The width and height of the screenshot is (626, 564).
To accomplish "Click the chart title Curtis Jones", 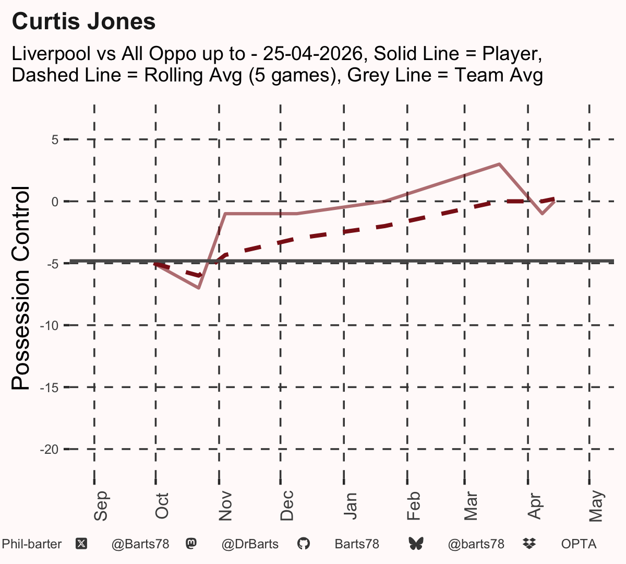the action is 83,21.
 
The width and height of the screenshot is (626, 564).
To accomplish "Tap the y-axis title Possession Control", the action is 20,288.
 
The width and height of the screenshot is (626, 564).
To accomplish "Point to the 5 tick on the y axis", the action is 55,139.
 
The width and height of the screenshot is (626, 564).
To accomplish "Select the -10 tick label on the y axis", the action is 50,326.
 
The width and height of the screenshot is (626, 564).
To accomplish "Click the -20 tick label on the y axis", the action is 50,450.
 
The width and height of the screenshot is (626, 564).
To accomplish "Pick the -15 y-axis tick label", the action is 50,388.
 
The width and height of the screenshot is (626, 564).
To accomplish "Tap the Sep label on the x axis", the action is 101,506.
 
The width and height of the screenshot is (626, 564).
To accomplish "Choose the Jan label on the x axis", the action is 350,506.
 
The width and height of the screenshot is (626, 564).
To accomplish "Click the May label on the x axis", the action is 596,506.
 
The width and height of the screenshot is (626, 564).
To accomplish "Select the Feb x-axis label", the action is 414,506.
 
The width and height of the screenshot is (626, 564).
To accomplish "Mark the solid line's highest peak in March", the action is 499,164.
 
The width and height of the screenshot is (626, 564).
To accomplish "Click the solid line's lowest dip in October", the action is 199,287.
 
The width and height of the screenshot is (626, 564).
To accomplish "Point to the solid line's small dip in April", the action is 543,214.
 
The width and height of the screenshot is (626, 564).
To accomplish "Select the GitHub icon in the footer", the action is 303,544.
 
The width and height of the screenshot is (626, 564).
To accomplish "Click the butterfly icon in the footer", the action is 416,544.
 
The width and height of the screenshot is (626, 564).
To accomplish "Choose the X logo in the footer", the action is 81,544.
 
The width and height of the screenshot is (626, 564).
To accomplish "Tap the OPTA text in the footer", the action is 579,544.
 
